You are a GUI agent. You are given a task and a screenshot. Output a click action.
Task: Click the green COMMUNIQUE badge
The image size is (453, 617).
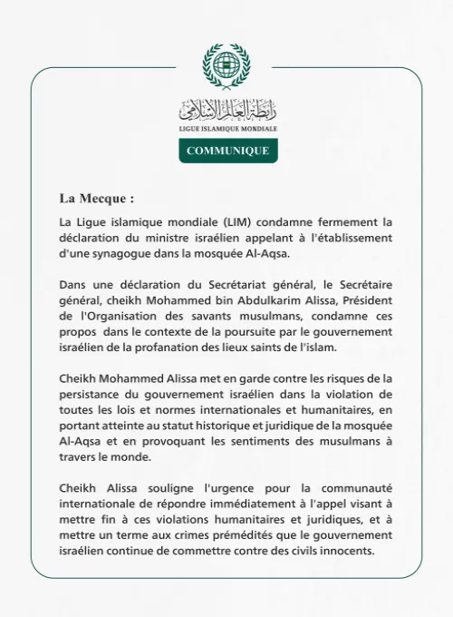pos(227,151)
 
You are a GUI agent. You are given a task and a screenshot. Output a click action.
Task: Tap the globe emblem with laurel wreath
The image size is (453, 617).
pos(226,66)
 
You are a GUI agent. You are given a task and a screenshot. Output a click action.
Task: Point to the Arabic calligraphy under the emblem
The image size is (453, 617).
pos(226,112)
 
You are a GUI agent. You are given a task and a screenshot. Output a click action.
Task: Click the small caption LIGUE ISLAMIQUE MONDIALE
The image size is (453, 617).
pos(227,130)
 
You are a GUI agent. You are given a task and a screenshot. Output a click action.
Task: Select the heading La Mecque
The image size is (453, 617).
pos(96,198)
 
